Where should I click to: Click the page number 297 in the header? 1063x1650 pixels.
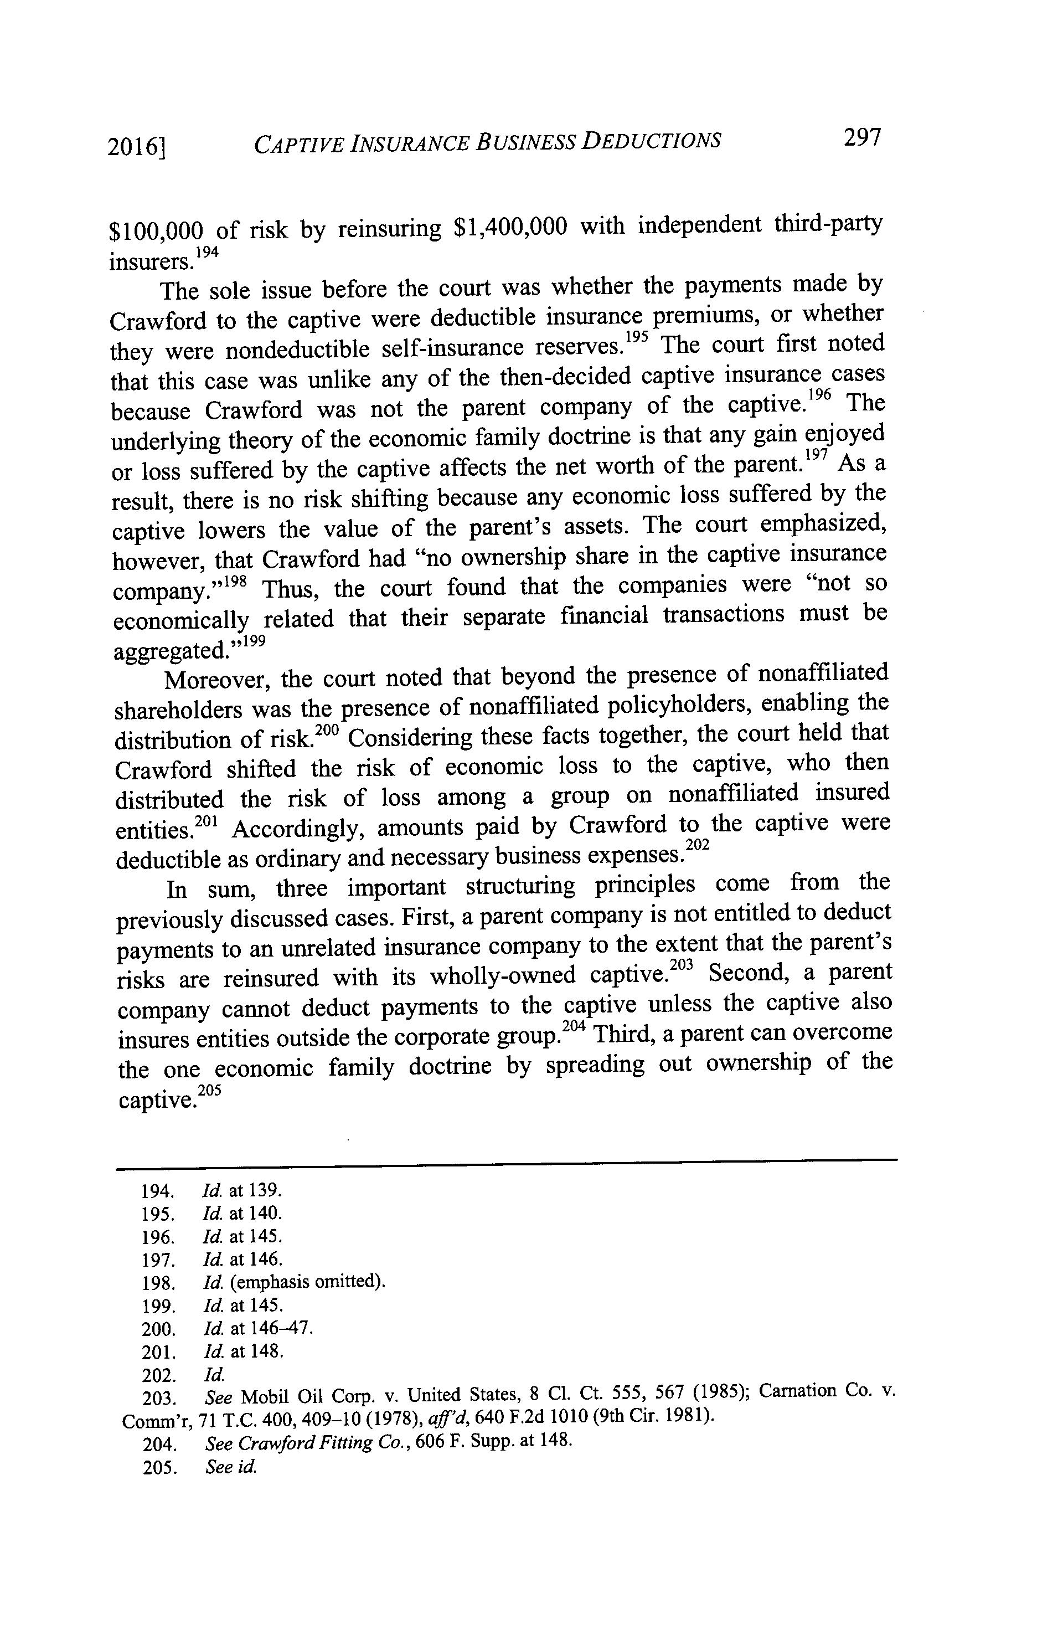pyautogui.click(x=862, y=138)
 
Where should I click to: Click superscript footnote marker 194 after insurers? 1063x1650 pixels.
pyautogui.click(x=207, y=253)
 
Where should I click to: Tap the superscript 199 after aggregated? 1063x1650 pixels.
pyautogui.click(x=254, y=641)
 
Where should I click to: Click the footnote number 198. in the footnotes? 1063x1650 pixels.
pyautogui.click(x=157, y=1283)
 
